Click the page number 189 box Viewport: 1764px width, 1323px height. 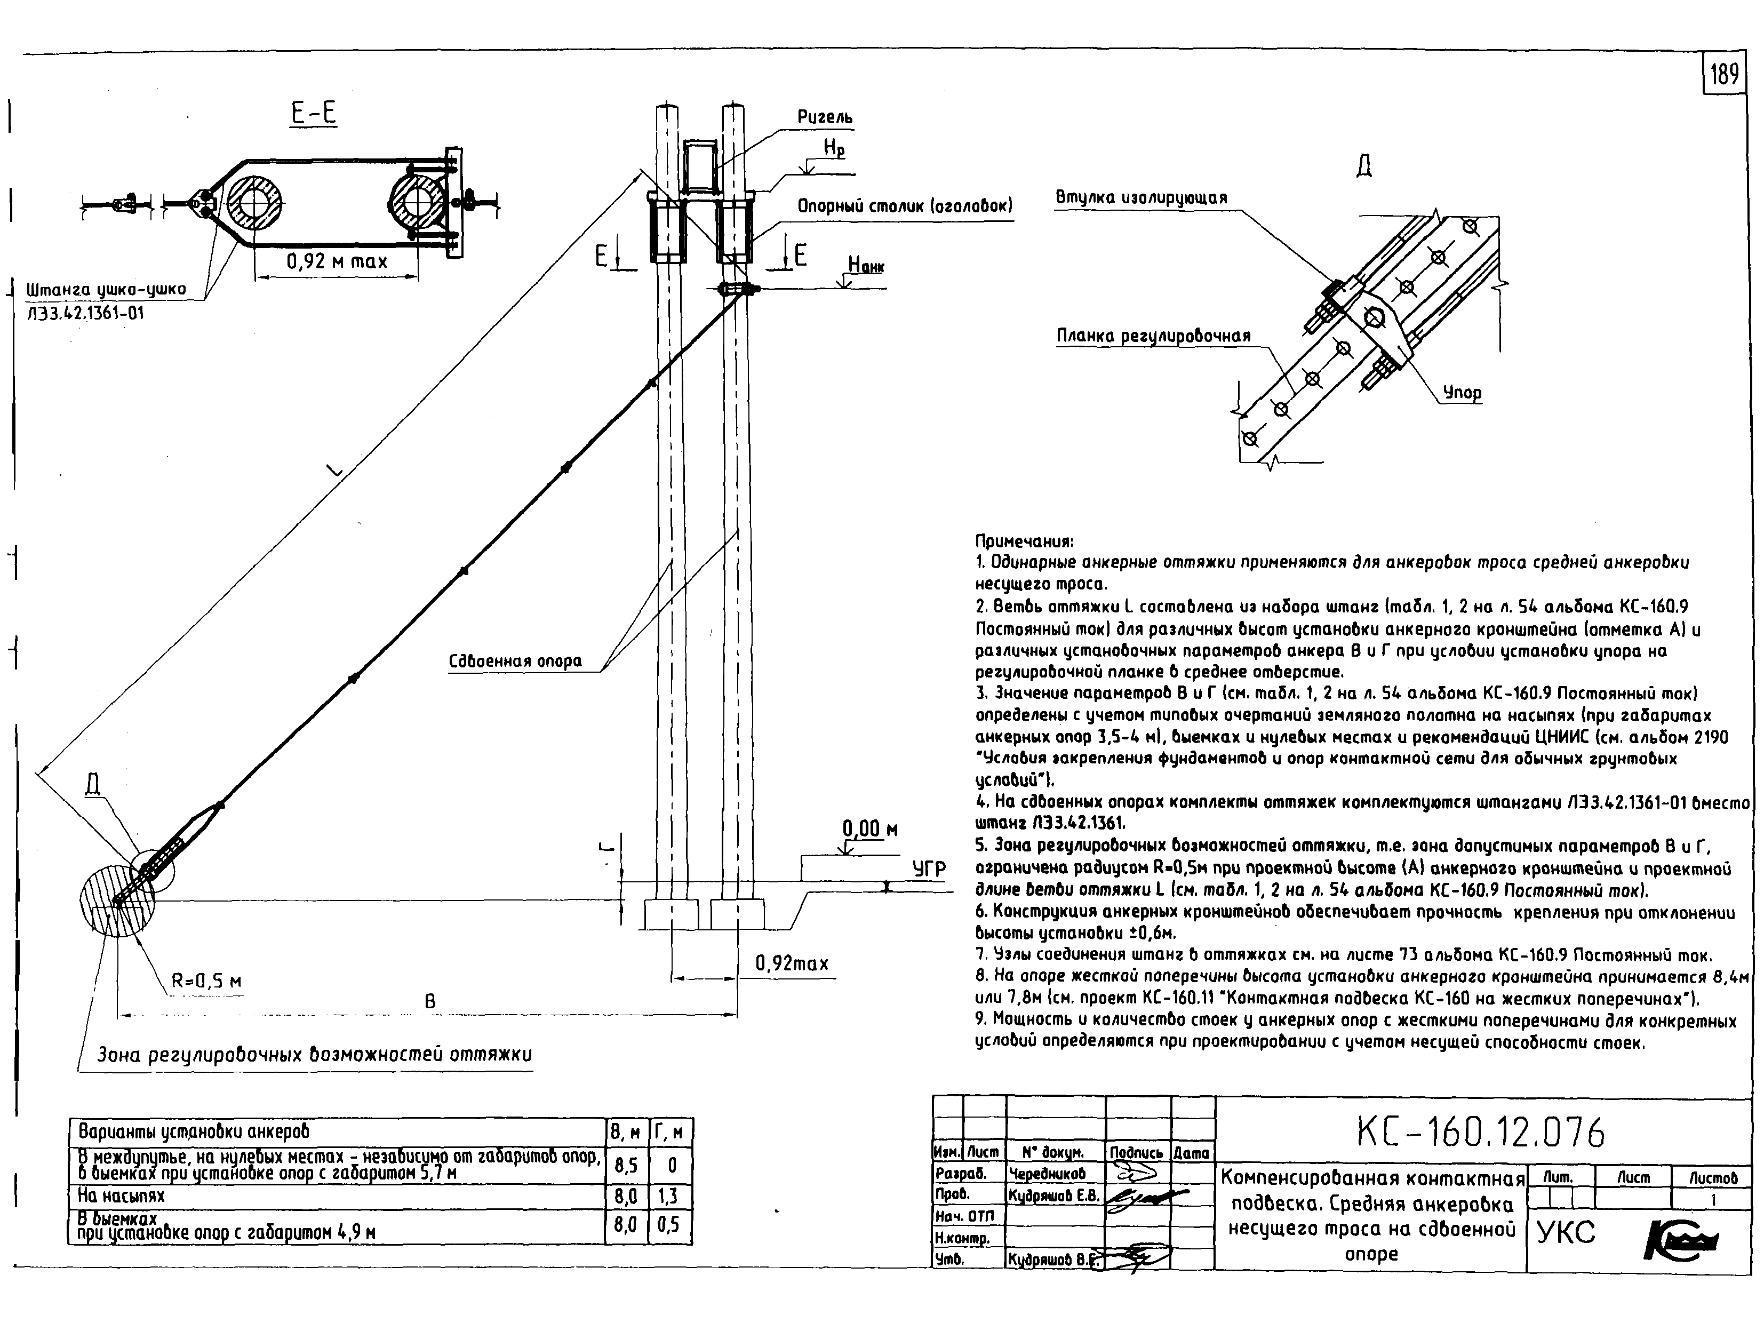[x=1723, y=75]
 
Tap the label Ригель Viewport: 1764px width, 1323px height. [x=825, y=117]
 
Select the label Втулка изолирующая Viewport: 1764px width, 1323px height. [x=1141, y=198]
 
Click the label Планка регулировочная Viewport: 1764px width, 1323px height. [x=1153, y=336]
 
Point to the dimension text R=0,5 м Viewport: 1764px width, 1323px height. [x=206, y=982]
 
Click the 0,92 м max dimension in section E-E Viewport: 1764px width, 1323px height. [x=337, y=261]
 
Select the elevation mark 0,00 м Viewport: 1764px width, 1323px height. [x=870, y=830]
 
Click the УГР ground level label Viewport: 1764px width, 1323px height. [x=929, y=869]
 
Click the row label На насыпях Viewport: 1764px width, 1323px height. [x=121, y=1196]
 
